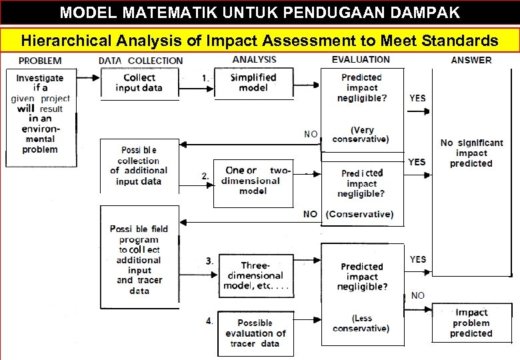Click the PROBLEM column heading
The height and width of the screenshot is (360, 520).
pyautogui.click(x=41, y=61)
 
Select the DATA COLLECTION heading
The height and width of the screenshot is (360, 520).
pyautogui.click(x=141, y=61)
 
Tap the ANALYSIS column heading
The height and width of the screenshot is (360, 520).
pyautogui.click(x=254, y=60)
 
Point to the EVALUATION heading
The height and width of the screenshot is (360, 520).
pyautogui.click(x=361, y=60)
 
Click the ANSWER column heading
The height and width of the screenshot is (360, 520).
pyautogui.click(x=471, y=60)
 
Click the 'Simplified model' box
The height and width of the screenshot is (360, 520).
pyautogui.click(x=253, y=83)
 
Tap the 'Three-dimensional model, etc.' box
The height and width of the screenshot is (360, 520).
pyautogui.click(x=255, y=275)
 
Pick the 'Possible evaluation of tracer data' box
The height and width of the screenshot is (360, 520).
pyautogui.click(x=255, y=333)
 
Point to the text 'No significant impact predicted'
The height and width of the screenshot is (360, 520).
pyautogui.click(x=471, y=153)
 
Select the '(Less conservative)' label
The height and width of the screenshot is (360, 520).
pyautogui.click(x=361, y=323)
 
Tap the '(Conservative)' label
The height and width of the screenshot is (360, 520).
pyautogui.click(x=359, y=215)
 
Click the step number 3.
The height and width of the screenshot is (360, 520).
pyautogui.click(x=209, y=261)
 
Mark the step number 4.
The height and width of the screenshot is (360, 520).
pyautogui.click(x=209, y=321)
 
